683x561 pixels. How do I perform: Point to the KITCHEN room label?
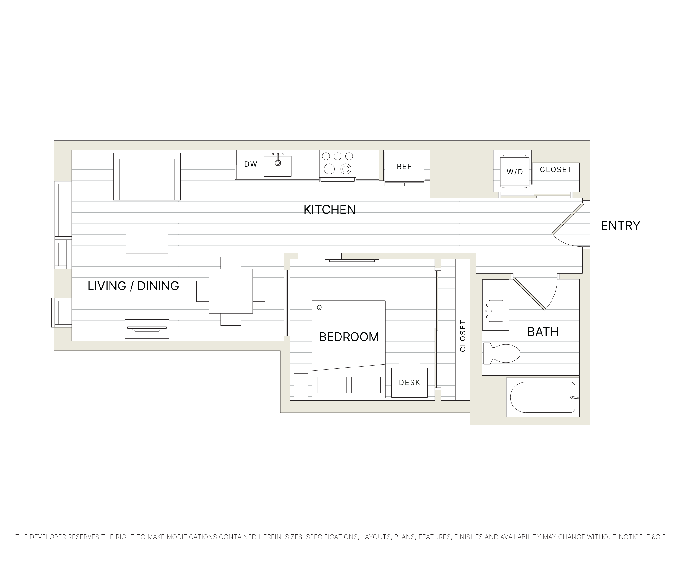pyautogui.click(x=329, y=210)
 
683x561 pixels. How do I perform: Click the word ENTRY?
pyautogui.click(x=620, y=225)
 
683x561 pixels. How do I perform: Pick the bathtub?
pyautogui.click(x=542, y=397)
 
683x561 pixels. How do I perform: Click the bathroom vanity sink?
pyautogui.click(x=496, y=311)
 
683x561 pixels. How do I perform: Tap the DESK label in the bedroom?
pyautogui.click(x=409, y=383)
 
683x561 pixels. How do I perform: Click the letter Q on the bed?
pyautogui.click(x=319, y=308)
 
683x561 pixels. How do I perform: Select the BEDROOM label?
pyautogui.click(x=349, y=337)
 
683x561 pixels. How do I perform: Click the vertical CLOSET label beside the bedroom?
pyautogui.click(x=463, y=336)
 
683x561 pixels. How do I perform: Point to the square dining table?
pyautogui.click(x=231, y=291)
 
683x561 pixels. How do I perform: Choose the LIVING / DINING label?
pyautogui.click(x=133, y=286)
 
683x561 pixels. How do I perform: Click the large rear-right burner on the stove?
pyautogui.click(x=349, y=156)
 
